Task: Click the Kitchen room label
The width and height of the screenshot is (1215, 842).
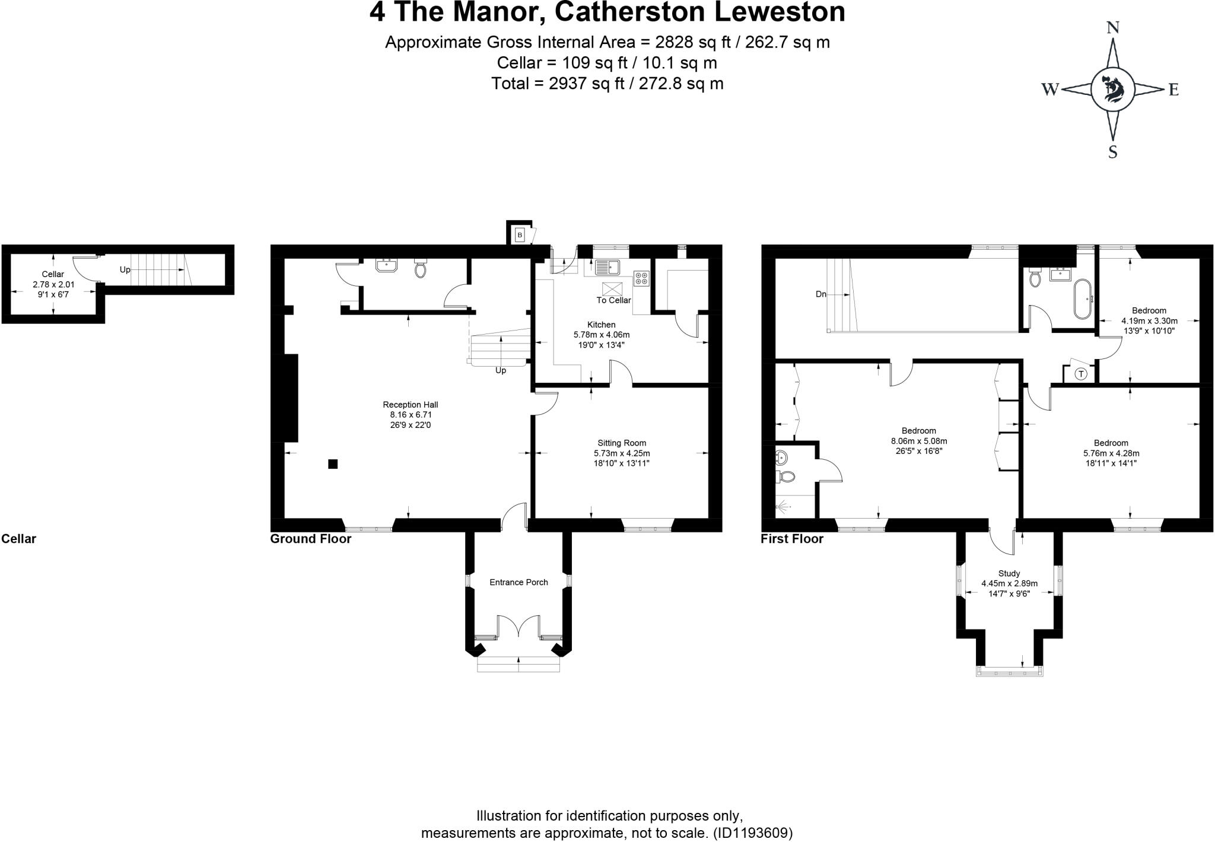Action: click(601, 325)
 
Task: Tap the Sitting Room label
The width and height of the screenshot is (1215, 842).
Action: click(621, 443)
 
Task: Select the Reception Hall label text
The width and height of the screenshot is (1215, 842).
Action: click(410, 405)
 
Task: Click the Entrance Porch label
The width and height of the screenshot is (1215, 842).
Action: click(519, 582)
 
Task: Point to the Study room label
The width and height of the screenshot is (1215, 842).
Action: click(1009, 573)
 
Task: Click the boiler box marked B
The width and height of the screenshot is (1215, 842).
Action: click(520, 236)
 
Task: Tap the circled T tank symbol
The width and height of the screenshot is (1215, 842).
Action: click(1081, 374)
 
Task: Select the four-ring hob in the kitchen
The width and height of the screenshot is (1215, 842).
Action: click(641, 278)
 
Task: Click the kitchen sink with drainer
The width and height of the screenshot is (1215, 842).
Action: click(606, 267)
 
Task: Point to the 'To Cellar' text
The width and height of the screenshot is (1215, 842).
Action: click(613, 300)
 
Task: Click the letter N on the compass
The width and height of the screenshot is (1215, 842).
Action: click(1113, 28)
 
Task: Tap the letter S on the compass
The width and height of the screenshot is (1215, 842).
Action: click(1113, 152)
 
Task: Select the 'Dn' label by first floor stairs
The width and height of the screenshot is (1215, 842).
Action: click(820, 294)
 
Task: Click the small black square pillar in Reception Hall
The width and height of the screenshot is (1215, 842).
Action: click(333, 464)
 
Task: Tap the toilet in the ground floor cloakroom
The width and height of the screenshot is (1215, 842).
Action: click(421, 269)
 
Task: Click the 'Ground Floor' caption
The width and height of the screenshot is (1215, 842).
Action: click(310, 539)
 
